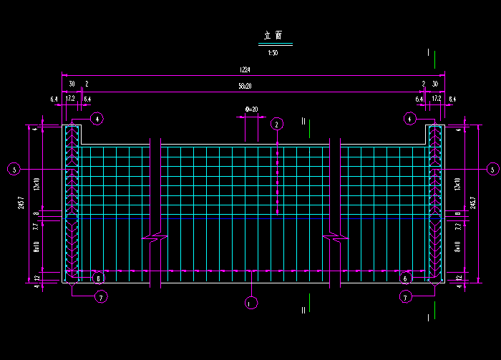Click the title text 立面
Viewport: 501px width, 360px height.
273,35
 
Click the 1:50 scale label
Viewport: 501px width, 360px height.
273,53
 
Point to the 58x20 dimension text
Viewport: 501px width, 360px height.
245,85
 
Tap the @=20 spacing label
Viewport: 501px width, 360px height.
251,109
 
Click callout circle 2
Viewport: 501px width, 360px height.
277,124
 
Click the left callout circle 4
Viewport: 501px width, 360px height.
97,118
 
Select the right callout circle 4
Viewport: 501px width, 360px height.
409,118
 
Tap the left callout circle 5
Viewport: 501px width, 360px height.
14,170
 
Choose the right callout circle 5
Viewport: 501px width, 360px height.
492,170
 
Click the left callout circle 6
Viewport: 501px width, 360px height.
99,278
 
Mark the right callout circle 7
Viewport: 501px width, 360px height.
406,296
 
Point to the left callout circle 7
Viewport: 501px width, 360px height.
102,296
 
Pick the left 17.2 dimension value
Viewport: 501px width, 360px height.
70,98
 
